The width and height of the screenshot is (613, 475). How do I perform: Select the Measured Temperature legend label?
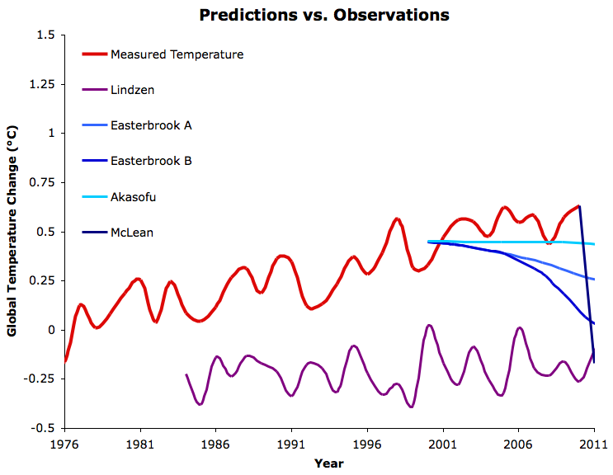177,55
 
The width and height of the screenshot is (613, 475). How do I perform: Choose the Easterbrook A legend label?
151,126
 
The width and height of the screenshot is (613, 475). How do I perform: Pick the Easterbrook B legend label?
151,162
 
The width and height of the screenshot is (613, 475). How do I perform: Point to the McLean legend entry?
132,233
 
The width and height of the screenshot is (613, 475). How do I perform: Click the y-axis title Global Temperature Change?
12,231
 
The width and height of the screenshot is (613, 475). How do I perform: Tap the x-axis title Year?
328,463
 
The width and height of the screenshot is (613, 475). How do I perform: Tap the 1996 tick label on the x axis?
367,443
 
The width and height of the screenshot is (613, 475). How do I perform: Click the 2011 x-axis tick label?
593,443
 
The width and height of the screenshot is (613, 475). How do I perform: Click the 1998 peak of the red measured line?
397,219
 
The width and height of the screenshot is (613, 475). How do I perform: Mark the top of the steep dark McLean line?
579,206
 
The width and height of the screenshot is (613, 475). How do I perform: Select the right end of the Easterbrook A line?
594,279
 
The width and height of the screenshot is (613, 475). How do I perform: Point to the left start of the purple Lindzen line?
186,374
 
